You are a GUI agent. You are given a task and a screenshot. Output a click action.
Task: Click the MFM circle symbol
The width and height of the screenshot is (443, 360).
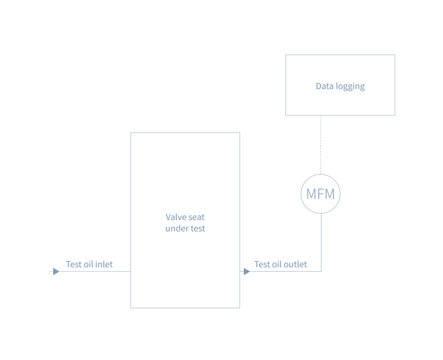[320, 194]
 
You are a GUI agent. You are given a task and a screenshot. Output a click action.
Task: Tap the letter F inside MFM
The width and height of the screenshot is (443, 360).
[320, 194]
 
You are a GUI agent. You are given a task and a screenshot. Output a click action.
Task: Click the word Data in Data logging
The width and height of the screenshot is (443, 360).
[323, 86]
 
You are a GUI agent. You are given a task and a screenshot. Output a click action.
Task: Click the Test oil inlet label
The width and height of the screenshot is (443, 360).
[89, 264]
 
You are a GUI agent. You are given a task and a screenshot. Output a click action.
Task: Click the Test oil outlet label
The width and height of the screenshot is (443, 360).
[281, 264]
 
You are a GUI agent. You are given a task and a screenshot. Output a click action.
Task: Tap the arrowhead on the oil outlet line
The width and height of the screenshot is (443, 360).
[247, 271]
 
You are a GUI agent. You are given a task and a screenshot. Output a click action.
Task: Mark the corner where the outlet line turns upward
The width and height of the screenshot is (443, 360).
[322, 271]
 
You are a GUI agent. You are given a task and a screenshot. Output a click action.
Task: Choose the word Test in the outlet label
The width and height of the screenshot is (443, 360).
[261, 264]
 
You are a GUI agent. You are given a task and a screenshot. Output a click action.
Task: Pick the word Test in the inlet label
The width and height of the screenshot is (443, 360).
[72, 264]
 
